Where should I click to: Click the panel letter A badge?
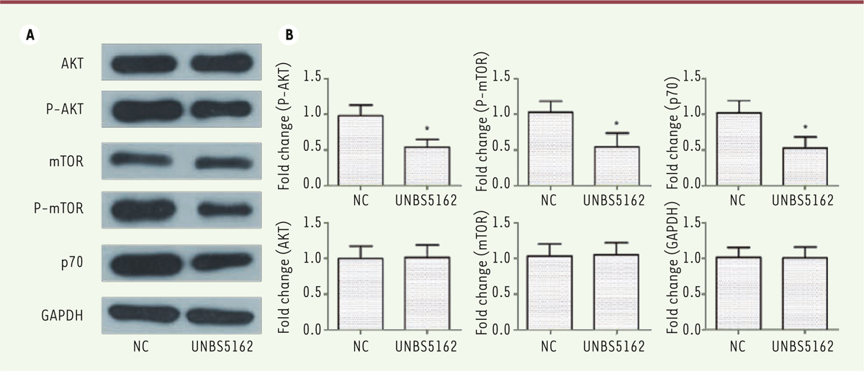point(30,35)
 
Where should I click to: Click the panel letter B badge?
point(290,35)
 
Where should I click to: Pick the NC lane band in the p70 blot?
point(142,263)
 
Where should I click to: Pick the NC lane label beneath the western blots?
point(142,347)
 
